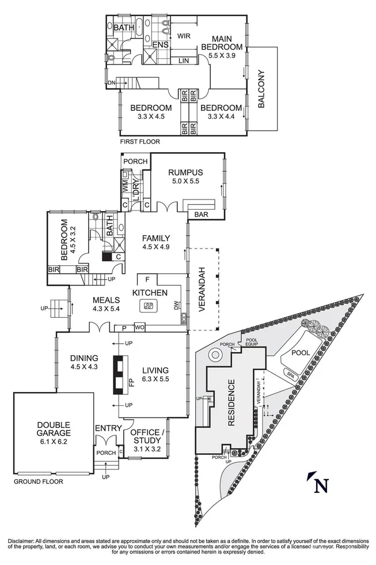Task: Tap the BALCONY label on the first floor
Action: [261, 89]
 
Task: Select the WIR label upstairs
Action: [184, 36]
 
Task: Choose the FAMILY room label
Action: [156, 238]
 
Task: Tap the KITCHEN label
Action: [150, 293]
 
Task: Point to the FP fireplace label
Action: [132, 382]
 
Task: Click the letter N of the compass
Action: [321, 485]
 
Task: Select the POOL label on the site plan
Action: [301, 353]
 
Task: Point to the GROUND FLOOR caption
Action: [39, 481]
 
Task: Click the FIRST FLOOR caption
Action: [140, 141]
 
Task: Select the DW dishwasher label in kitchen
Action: [177, 306]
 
